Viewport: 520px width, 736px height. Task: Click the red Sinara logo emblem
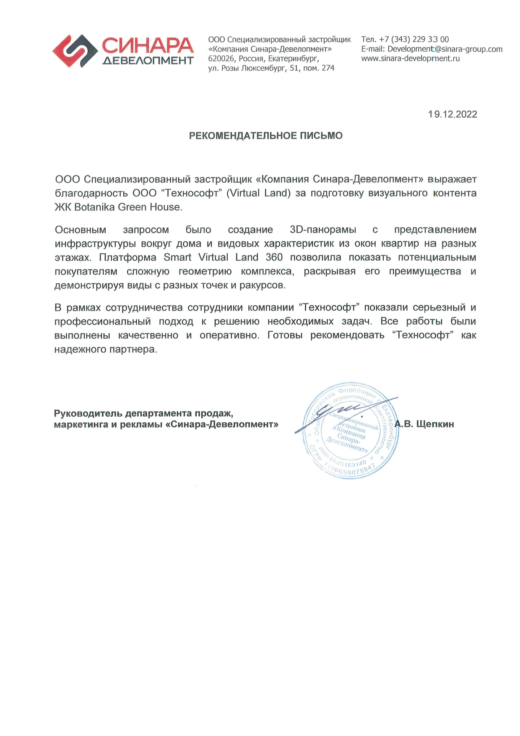pos(75,51)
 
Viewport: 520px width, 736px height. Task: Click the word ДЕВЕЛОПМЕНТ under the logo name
pos(148,61)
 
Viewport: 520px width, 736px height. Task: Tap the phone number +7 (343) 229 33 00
pos(414,39)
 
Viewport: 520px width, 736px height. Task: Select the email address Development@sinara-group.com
pos(445,49)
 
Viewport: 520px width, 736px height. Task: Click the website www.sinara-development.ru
pos(411,59)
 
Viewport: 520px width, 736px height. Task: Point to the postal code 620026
pos(221,59)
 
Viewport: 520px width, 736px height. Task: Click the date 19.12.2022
pos(452,115)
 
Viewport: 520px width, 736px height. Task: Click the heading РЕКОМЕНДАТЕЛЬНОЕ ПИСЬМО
pos(266,136)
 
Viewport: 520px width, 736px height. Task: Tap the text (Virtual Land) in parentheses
pos(258,193)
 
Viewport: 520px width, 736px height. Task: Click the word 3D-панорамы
pos(323,230)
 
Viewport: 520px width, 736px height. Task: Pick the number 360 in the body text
pos(274,258)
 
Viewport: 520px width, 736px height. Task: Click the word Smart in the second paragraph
pos(177,258)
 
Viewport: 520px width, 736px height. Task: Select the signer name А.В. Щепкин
pos(424,424)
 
